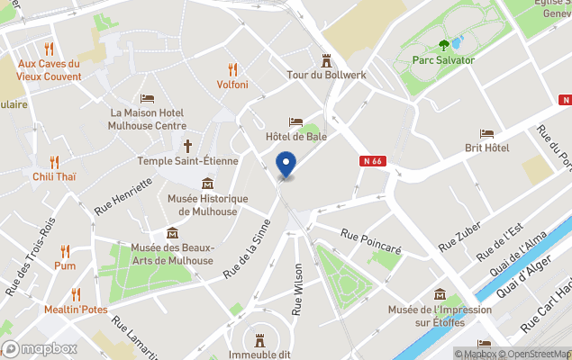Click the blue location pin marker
click(x=286, y=165)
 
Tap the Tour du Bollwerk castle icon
click(x=326, y=60)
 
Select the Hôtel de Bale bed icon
click(x=295, y=121)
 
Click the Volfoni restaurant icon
click(x=232, y=68)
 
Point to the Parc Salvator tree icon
click(x=443, y=45)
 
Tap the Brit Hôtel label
click(x=486, y=148)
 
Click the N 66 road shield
click(x=373, y=161)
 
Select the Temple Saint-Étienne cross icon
click(x=188, y=145)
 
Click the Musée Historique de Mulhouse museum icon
click(x=208, y=184)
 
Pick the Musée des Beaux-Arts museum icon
click(x=172, y=233)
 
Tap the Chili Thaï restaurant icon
click(x=54, y=162)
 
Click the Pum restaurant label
click(x=64, y=265)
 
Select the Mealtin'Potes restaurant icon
click(x=76, y=293)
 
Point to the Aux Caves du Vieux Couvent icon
click(x=49, y=49)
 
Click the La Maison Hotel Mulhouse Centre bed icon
click(x=147, y=99)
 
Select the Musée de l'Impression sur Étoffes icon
click(x=440, y=294)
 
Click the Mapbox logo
click(x=40, y=348)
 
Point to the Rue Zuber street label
click(x=459, y=237)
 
